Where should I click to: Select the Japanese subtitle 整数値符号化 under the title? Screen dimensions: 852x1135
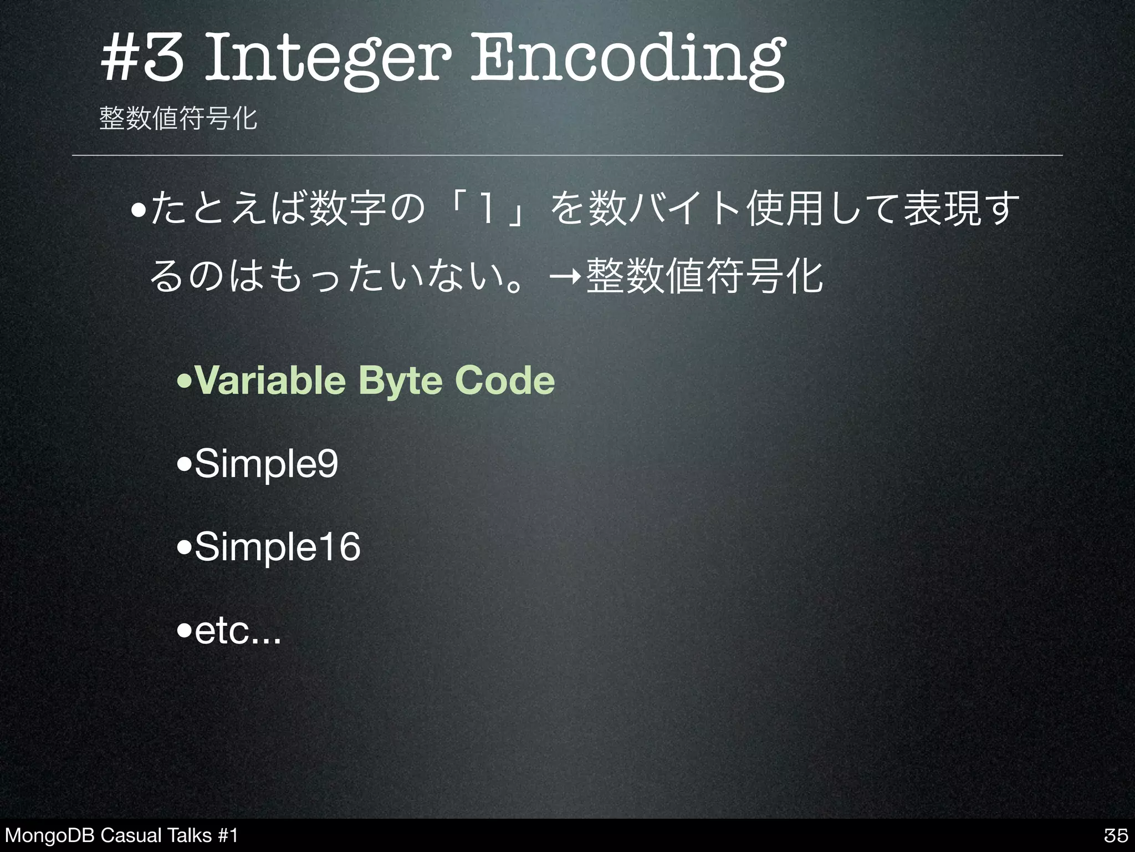click(178, 118)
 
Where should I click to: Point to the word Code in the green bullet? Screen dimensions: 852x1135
click(504, 381)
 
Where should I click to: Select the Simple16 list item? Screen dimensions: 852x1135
click(277, 546)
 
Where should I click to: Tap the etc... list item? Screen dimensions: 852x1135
click(237, 631)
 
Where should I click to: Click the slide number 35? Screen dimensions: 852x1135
click(1116, 835)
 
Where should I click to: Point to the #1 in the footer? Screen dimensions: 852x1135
click(228, 835)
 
